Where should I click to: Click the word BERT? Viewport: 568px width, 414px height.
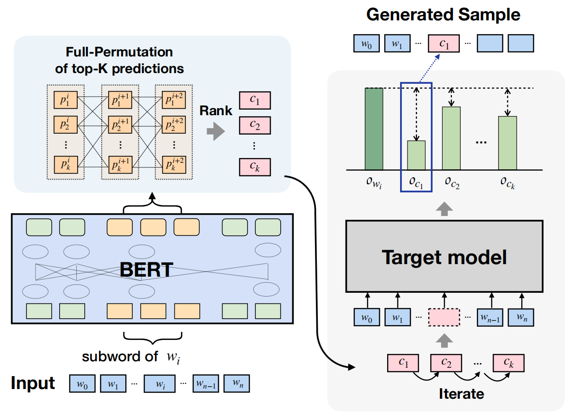[x=146, y=269]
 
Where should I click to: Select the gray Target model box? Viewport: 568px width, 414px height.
[x=444, y=256]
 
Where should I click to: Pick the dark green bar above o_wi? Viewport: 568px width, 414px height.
[x=374, y=129]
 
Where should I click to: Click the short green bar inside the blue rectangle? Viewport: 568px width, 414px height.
[x=416, y=155]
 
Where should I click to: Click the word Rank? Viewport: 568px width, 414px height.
[x=216, y=111]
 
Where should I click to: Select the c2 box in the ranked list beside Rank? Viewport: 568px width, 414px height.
[x=254, y=125]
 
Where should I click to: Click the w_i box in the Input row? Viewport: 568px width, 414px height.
[x=160, y=383]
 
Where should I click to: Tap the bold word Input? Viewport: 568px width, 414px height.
[x=33, y=383]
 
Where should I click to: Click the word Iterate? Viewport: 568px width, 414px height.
[x=461, y=394]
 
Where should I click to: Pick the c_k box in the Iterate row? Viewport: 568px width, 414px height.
[x=508, y=363]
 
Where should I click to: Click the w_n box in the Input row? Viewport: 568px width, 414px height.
[x=237, y=383]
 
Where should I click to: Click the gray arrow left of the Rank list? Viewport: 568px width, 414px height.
[x=215, y=132]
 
